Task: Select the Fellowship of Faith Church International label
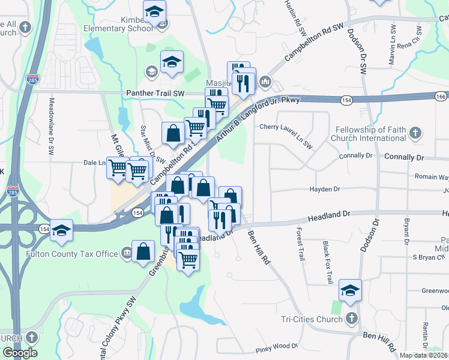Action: (x=370, y=134)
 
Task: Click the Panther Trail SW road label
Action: (x=155, y=94)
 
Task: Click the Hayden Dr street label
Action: (x=324, y=189)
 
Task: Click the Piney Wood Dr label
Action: (x=277, y=346)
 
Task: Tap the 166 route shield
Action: (x=441, y=96)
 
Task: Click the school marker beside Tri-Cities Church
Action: (x=350, y=290)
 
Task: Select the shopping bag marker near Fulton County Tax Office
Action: (x=144, y=252)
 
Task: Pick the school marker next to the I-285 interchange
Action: (x=61, y=230)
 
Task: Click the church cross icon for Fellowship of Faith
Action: (x=415, y=134)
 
